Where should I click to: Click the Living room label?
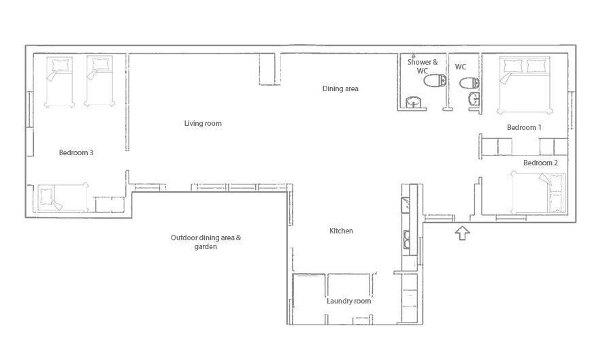pos(203,123)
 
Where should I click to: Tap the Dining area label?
pos(340,88)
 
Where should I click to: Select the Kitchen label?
pos(341,231)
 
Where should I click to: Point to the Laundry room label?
pos(349,301)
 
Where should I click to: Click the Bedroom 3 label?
pos(76,152)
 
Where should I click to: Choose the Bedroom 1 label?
pos(524,127)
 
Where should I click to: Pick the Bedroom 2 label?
pos(540,163)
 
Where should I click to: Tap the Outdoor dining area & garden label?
pos(206,242)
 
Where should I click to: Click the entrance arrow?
pos(462,233)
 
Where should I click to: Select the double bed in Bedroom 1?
pos(525,86)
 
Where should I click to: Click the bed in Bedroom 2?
pos(538,193)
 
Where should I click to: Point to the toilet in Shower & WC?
pos(435,81)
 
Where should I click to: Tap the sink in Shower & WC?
pos(414,102)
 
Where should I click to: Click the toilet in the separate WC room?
pos(469,83)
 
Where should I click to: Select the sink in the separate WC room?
pos(474,99)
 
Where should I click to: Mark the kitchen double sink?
pos(407,240)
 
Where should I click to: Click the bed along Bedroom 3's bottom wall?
pos(63,197)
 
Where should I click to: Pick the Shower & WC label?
pos(423,66)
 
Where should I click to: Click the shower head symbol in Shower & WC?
pos(414,56)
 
